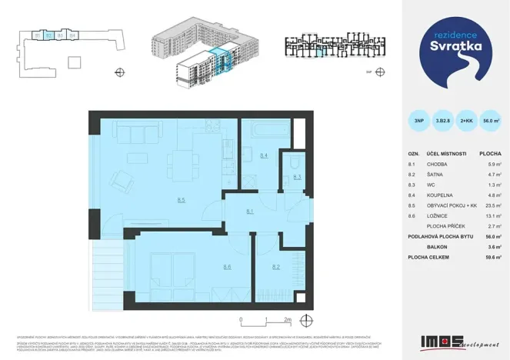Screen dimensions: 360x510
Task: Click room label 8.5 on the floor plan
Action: (x=181, y=201)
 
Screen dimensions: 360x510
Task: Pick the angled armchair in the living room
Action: (x=122, y=182)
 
